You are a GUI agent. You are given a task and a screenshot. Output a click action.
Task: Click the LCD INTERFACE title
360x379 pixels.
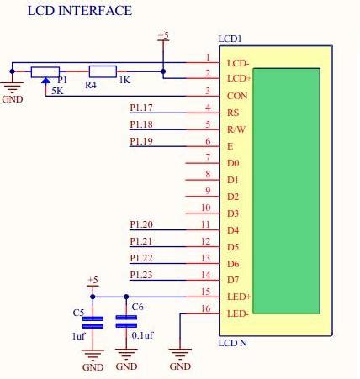pyautogui.click(x=80, y=11)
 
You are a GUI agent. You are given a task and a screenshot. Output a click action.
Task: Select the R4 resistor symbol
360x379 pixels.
pyautogui.click(x=103, y=71)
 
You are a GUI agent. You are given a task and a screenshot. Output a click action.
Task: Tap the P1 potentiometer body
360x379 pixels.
pyautogui.click(x=45, y=72)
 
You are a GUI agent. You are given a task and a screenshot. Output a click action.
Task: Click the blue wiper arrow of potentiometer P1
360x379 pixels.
pyautogui.click(x=45, y=81)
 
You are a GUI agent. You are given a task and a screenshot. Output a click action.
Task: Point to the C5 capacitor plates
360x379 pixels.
pyautogui.click(x=93, y=323)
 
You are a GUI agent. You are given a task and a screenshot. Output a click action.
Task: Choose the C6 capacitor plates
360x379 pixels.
pyautogui.click(x=126, y=322)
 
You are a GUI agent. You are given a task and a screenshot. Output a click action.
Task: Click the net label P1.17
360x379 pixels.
pyautogui.click(x=141, y=108)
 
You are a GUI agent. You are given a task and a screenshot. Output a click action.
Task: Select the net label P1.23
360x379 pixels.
pyautogui.click(x=141, y=275)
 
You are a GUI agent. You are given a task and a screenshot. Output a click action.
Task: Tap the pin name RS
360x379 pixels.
pyautogui.click(x=233, y=113)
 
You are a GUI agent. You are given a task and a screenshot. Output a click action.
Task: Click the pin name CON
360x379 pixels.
pyautogui.click(x=237, y=96)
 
